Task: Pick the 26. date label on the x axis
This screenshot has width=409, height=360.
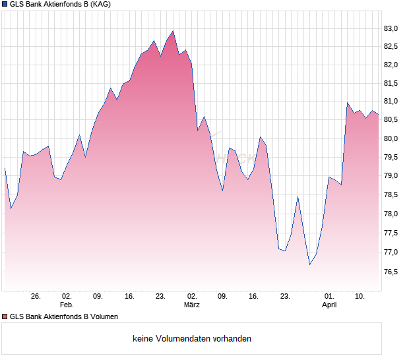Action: click(x=36, y=297)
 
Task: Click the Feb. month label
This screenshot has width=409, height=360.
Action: click(x=66, y=305)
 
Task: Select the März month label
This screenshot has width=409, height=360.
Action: click(x=192, y=305)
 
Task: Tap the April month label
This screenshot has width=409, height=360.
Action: click(x=329, y=305)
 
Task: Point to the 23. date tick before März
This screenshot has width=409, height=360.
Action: click(x=160, y=297)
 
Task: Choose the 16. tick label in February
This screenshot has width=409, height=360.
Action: click(x=129, y=297)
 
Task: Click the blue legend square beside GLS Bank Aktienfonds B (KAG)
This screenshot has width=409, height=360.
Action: click(x=5, y=5)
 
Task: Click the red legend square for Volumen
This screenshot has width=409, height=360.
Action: click(x=5, y=316)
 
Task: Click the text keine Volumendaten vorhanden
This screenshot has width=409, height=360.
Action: click(x=192, y=339)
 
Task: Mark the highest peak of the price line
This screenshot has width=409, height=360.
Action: click(x=173, y=30)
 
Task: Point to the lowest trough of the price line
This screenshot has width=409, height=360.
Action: click(x=309, y=264)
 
